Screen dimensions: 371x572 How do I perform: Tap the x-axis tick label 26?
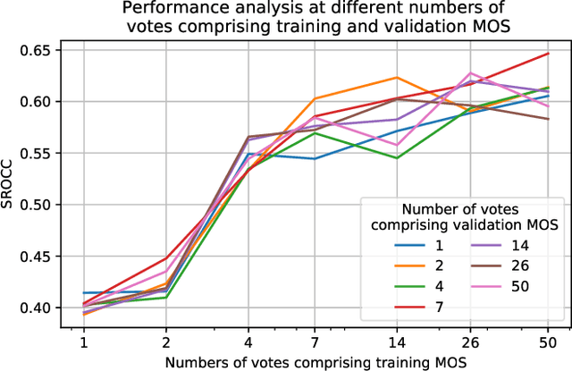(x=472, y=342)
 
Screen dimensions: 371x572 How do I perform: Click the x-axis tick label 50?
(x=548, y=342)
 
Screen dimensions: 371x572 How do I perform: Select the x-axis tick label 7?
(x=315, y=342)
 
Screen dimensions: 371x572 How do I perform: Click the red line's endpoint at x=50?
(x=548, y=54)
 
